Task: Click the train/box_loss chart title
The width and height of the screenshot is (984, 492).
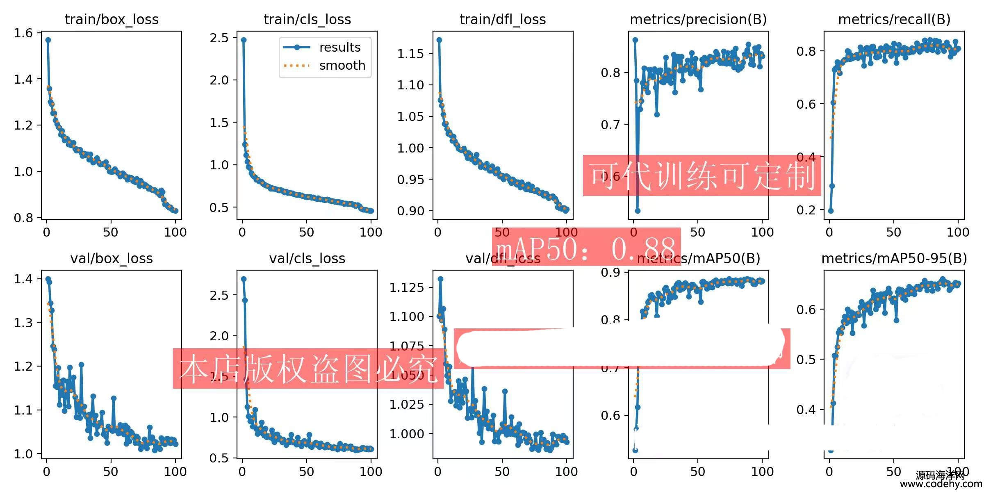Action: click(112, 19)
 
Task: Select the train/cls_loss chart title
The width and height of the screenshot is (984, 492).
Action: click(307, 19)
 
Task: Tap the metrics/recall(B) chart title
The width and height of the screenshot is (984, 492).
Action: click(894, 19)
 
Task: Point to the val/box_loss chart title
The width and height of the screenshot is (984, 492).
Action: click(112, 258)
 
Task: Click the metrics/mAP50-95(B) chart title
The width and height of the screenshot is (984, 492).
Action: click(894, 258)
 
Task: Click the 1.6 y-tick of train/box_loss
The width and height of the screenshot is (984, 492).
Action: click(23, 33)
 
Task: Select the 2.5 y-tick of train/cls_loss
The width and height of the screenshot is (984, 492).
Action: click(219, 38)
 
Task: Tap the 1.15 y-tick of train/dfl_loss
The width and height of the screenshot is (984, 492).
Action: click(410, 53)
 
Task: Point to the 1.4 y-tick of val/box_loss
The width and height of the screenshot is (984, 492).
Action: click(23, 279)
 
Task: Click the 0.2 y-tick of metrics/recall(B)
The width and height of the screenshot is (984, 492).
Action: click(806, 210)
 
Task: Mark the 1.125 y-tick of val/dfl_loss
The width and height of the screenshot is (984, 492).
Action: click(406, 287)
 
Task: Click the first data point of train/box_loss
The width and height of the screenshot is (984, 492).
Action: click(48, 40)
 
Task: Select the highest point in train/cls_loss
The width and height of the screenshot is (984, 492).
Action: click(244, 40)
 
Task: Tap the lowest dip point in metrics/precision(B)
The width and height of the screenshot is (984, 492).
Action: click(638, 211)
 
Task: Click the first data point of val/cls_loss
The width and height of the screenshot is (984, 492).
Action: click(244, 279)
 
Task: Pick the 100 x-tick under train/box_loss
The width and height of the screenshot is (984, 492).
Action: click(175, 232)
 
